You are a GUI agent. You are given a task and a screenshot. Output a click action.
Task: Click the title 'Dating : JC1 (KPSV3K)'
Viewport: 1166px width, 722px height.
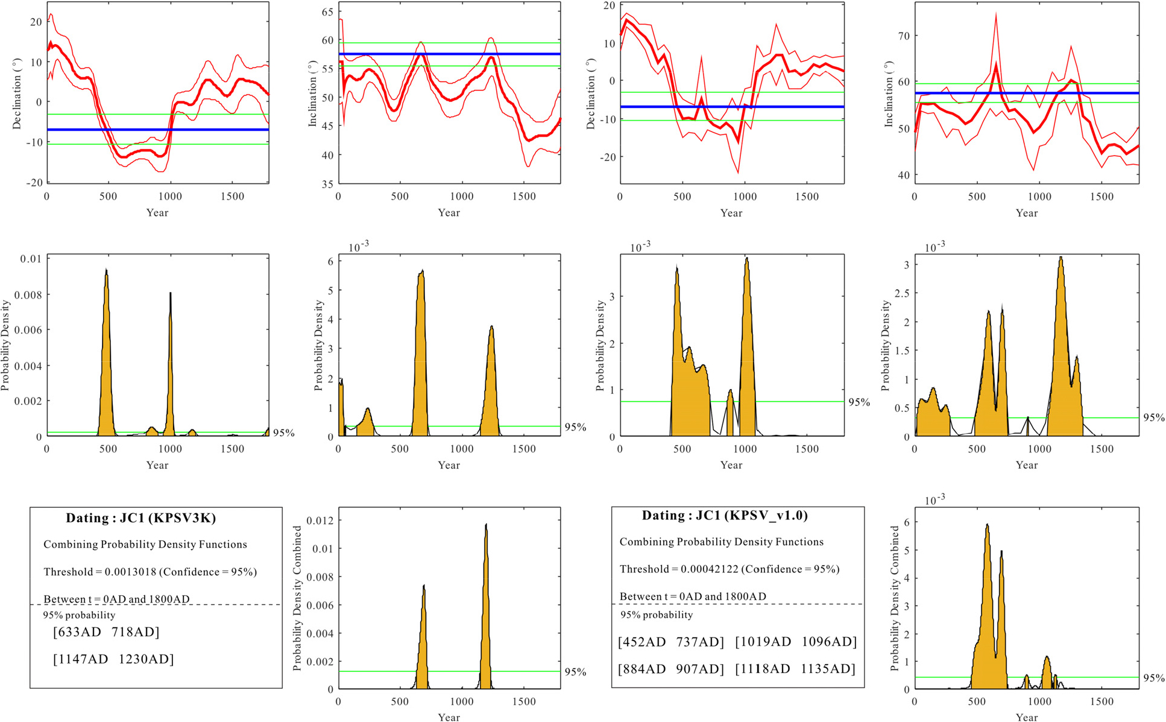point(140,518)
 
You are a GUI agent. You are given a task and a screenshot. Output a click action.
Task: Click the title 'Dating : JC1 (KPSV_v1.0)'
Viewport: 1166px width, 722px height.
point(725,516)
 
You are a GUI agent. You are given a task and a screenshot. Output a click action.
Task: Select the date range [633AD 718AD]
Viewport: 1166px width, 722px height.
point(106,632)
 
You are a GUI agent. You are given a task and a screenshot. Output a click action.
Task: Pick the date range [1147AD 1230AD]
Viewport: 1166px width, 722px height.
point(113,659)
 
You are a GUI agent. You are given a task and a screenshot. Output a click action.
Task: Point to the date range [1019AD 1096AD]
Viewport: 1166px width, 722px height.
point(796,642)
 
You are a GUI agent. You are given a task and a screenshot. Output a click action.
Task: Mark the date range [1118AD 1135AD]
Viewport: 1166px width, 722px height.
point(796,669)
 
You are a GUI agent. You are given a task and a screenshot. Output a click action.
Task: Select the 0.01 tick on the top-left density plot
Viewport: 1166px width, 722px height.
point(31,259)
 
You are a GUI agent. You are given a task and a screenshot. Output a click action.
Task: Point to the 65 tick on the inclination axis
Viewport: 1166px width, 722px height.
point(327,11)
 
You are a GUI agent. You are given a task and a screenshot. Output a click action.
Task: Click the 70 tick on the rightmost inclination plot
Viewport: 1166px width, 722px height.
point(903,36)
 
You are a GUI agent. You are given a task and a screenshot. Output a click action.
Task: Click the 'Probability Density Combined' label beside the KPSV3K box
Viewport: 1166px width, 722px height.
point(297,598)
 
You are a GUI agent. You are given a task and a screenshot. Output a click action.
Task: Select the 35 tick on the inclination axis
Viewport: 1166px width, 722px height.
point(327,184)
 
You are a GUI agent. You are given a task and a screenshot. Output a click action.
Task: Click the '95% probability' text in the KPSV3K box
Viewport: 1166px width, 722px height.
point(79,615)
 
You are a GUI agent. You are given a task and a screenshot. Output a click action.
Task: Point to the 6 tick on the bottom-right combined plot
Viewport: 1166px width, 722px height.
point(906,522)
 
